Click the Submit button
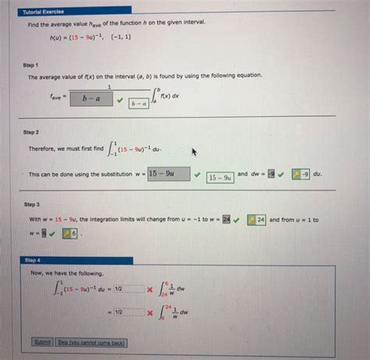42,342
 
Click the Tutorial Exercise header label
43,12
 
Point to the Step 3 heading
32,205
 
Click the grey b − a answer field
101,99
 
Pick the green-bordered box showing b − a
140,104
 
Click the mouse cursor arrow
194,151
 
